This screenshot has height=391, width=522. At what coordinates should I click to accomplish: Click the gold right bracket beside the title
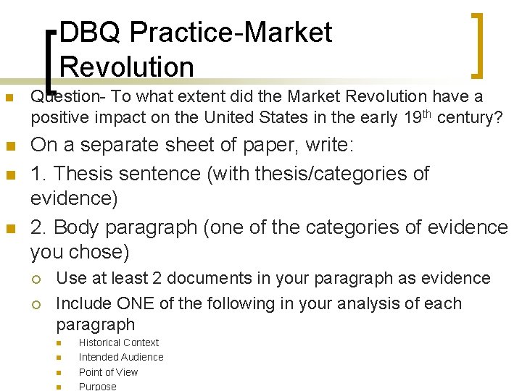click(478, 45)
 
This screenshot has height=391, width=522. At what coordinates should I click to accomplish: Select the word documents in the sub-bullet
click(225, 278)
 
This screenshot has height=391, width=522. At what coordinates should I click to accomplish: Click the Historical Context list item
click(118, 342)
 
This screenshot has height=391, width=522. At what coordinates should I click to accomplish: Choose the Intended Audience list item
click(120, 357)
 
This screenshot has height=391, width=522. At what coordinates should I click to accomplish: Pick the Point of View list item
click(108, 372)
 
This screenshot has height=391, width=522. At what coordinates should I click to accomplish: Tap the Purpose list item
click(97, 387)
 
